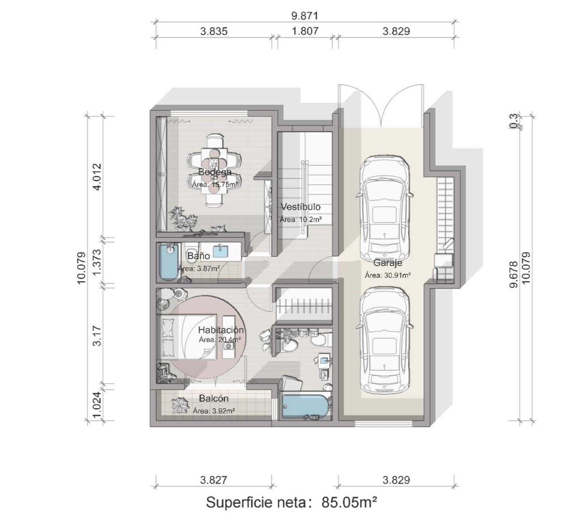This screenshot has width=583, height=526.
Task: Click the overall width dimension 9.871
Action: click(305, 16)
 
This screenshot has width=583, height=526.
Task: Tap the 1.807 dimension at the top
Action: click(305, 31)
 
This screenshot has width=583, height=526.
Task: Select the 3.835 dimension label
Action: click(214, 31)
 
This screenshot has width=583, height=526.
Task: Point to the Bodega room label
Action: click(215, 172)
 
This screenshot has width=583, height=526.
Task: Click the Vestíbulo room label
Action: click(300, 207)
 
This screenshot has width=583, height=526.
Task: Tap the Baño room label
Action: click(198, 256)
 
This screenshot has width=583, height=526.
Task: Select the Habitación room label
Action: click(221, 330)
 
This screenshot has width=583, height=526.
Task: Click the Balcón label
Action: click(214, 398)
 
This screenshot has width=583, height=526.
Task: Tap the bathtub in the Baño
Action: click(169, 262)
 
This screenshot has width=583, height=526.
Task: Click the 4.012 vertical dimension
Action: click(97, 177)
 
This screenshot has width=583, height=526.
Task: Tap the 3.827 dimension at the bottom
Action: click(214, 480)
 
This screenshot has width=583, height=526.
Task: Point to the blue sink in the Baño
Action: click(220, 251)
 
